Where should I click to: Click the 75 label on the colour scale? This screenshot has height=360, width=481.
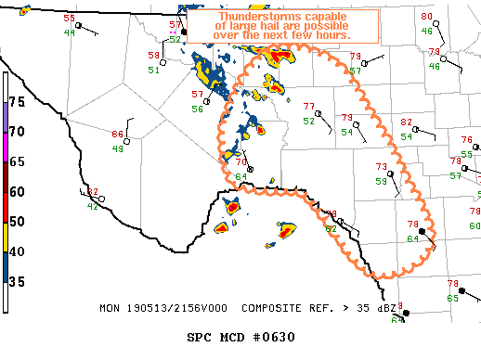[17, 100]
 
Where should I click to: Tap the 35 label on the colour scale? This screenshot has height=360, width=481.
[17, 282]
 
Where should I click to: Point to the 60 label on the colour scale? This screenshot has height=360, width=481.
[17, 191]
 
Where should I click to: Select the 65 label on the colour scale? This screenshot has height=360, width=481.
[17, 161]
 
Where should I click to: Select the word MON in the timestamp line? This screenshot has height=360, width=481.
[109, 306]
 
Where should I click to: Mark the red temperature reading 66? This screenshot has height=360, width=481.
[118, 135]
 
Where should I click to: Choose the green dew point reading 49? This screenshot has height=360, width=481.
[118, 148]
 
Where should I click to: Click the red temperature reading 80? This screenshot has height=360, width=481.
[426, 17]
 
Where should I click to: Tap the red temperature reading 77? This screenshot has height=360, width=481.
[309, 106]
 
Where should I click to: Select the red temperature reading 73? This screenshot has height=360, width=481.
[381, 167]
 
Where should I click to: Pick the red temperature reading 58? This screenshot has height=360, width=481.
[153, 56]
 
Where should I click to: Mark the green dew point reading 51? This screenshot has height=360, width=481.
[153, 71]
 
